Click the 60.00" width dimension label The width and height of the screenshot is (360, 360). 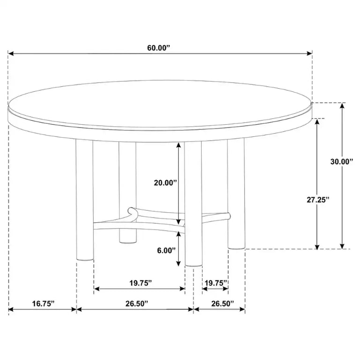(x=158, y=48)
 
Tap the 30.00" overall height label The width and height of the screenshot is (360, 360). (x=342, y=161)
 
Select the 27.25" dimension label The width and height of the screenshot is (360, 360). (x=318, y=200)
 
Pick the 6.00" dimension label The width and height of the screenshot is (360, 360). (x=166, y=250)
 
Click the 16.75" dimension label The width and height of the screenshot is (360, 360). (x=44, y=304)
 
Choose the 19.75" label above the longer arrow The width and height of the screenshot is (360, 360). (x=141, y=283)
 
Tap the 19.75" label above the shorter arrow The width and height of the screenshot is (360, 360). (x=216, y=283)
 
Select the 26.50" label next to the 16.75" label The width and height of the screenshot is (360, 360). (x=137, y=304)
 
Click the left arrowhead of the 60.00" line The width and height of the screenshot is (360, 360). (x=11, y=53)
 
